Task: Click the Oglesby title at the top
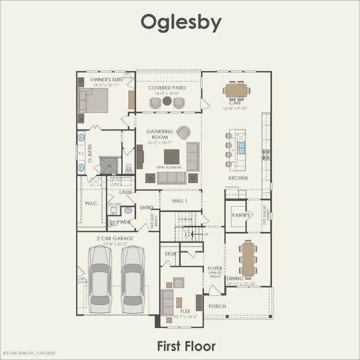click(x=181, y=22)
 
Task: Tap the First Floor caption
click(x=186, y=346)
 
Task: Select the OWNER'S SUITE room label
click(x=106, y=79)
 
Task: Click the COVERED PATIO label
click(x=167, y=88)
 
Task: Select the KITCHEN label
click(x=238, y=178)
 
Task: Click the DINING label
click(x=235, y=278)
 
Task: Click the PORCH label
click(x=217, y=306)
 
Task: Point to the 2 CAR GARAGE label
click(x=115, y=238)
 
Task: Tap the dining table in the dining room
click(x=248, y=259)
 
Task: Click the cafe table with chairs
click(x=236, y=90)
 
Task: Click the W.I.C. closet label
click(x=91, y=202)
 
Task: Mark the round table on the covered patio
click(x=167, y=101)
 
